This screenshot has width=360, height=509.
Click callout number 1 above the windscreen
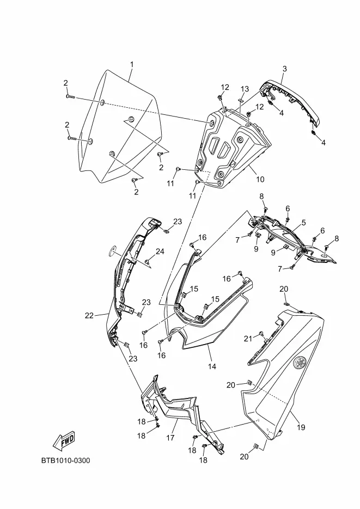[131, 65]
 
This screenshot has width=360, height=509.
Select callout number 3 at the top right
[284, 69]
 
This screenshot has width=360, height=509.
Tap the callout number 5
[303, 222]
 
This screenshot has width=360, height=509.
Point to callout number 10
[260, 179]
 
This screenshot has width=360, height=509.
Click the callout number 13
[245, 89]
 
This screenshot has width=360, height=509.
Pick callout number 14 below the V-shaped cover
[212, 366]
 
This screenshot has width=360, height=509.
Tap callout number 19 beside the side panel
[301, 427]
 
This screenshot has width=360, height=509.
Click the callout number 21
[248, 339]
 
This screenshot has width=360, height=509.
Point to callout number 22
[89, 315]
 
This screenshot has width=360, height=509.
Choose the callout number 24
[160, 252]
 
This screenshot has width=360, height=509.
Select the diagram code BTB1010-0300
[65, 461]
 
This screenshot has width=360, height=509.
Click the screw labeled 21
[262, 334]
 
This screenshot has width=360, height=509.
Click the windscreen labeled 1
[120, 125]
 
